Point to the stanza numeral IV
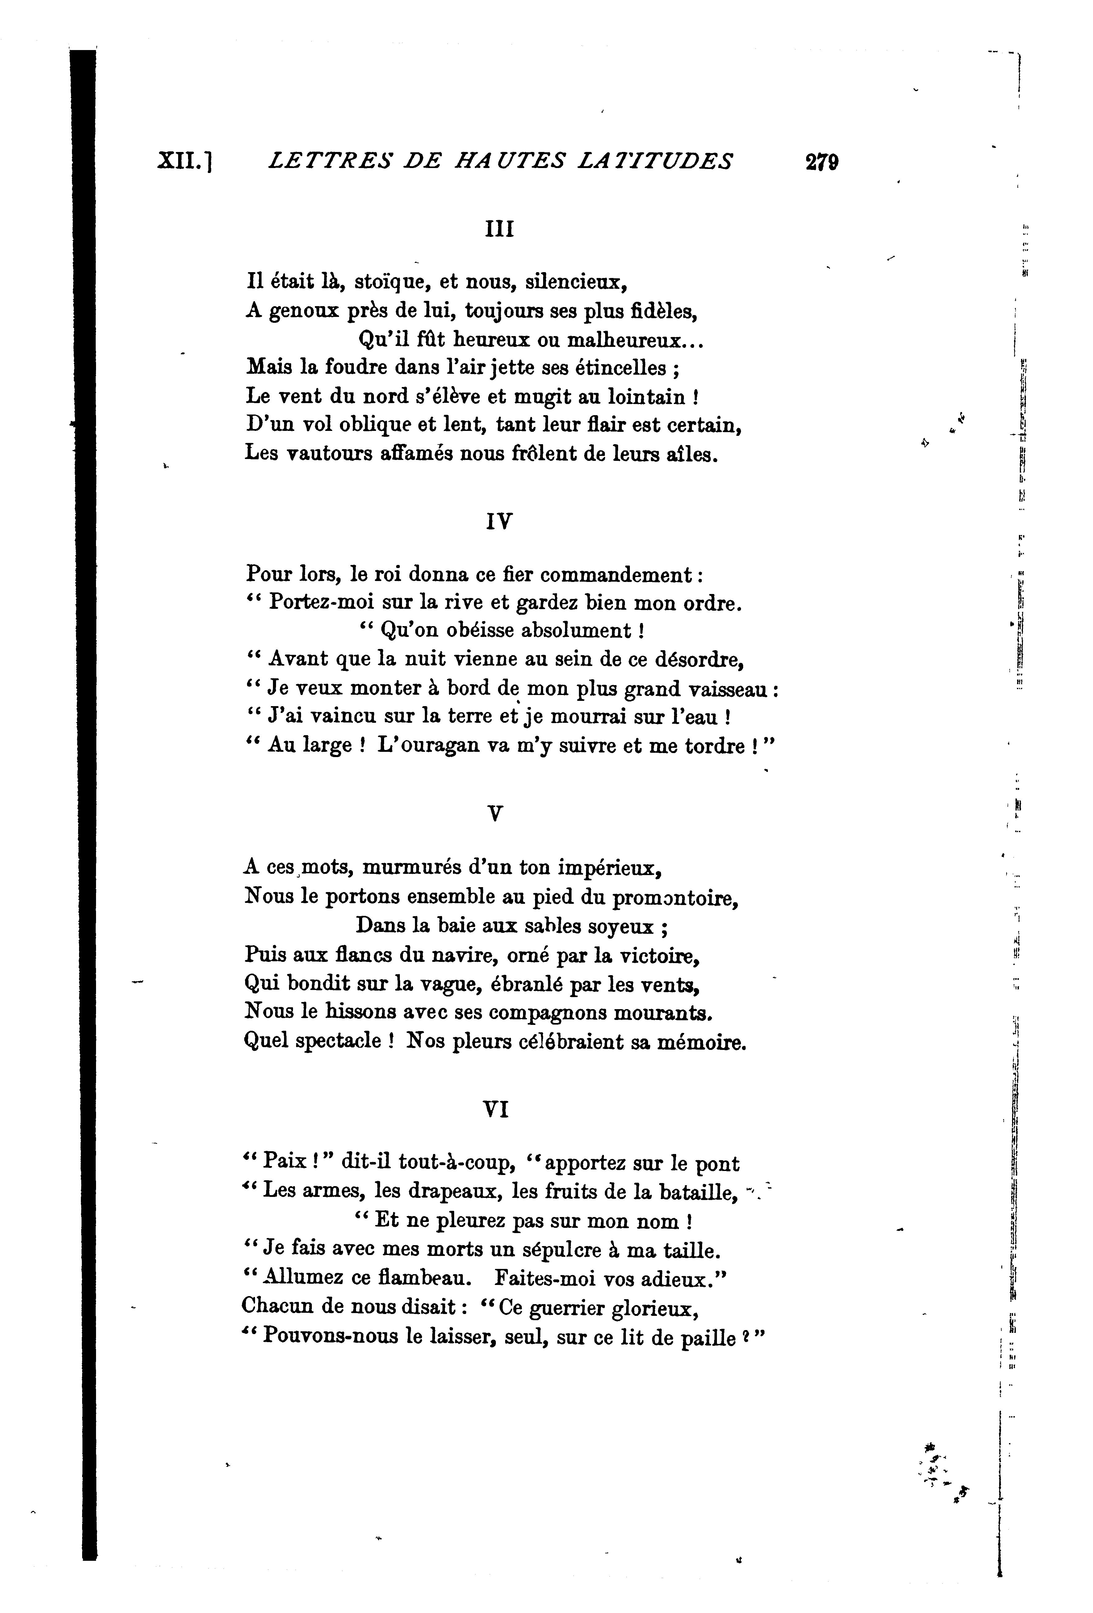tap(499, 521)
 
